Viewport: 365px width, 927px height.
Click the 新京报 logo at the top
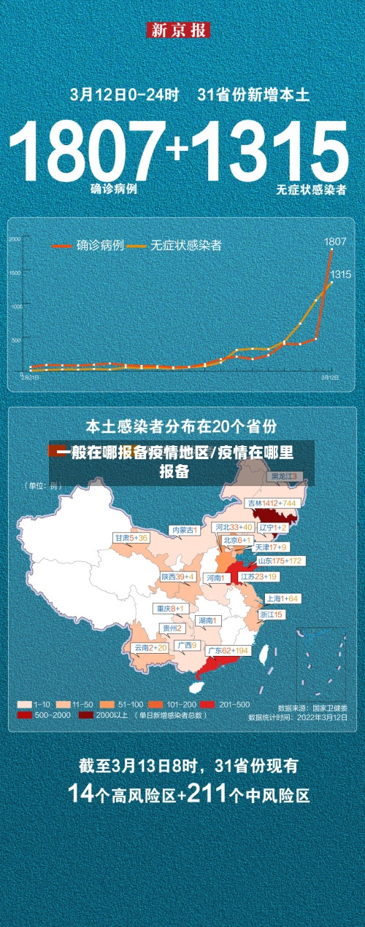[x=179, y=30]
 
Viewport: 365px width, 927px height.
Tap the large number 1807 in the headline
[x=88, y=153]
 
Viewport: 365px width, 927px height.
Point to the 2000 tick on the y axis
[x=15, y=239]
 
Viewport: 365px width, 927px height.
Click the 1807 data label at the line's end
[x=335, y=241]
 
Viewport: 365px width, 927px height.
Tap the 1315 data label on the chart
[x=341, y=274]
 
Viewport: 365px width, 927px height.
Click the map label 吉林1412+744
[x=272, y=504]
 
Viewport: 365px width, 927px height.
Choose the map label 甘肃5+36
[x=131, y=538]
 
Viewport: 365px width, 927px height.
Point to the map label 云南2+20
[x=150, y=647]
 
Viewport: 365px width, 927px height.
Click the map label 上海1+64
[x=282, y=598]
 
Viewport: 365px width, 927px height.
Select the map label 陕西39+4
[x=178, y=576]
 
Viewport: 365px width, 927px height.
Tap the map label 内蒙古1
[x=183, y=530]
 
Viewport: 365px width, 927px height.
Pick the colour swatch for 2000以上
[x=86, y=716]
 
